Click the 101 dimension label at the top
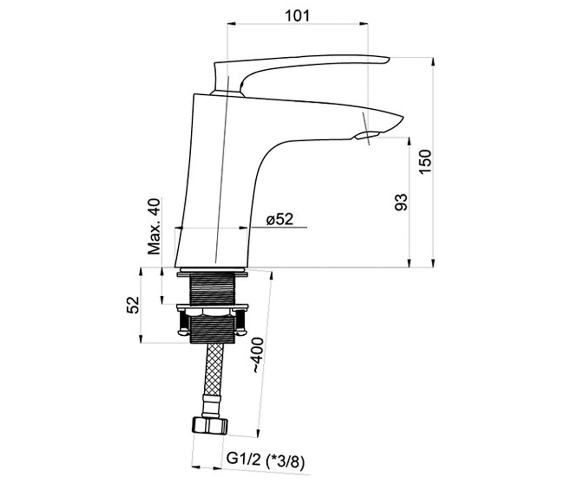pyautogui.click(x=297, y=16)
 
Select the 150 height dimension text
pyautogui.click(x=425, y=162)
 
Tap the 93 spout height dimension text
pyautogui.click(x=401, y=203)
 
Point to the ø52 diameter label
pyautogui.click(x=279, y=219)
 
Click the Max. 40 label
pyautogui.click(x=154, y=226)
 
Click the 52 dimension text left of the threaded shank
pyautogui.click(x=132, y=305)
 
